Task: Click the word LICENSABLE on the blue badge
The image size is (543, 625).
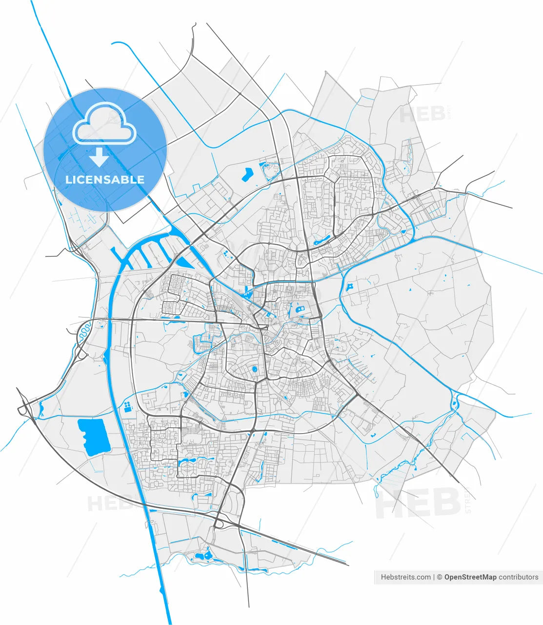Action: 105,179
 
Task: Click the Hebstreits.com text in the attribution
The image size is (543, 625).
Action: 405,577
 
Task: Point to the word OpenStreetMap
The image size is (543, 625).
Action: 470,577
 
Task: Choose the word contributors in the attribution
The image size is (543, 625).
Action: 519,577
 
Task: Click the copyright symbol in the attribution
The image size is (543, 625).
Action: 439,577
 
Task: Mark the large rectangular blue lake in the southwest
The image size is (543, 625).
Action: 94,435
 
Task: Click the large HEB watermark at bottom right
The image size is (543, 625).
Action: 418,504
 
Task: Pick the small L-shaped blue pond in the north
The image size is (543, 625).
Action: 247,173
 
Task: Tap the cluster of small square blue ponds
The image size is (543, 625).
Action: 127,406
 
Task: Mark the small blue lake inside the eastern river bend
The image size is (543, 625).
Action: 349,287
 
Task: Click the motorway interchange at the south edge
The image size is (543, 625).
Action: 218,524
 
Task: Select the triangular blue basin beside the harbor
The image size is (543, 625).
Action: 183,262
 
